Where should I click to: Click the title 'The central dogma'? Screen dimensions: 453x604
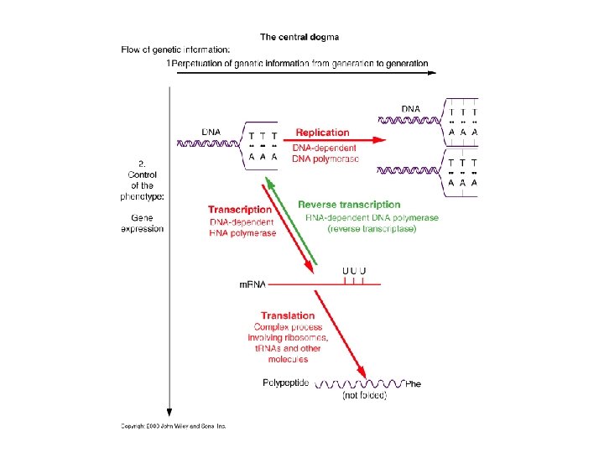(299, 37)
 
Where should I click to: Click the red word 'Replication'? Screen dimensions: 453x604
(322, 132)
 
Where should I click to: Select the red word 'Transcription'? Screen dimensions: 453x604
(240, 210)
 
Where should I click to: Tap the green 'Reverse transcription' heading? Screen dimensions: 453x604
(349, 204)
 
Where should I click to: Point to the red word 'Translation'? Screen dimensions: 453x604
(288, 315)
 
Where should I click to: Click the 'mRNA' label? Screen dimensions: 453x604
(253, 285)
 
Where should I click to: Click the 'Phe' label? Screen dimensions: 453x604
(413, 383)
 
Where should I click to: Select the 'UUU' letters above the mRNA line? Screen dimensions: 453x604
(354, 270)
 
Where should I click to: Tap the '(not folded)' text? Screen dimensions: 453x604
(365, 395)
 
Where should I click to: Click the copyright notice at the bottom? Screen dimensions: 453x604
(173, 425)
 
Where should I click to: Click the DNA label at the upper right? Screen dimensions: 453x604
(411, 108)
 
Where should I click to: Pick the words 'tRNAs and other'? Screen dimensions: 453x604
(288, 348)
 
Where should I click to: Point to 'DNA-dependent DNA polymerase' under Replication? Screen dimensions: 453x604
(325, 154)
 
